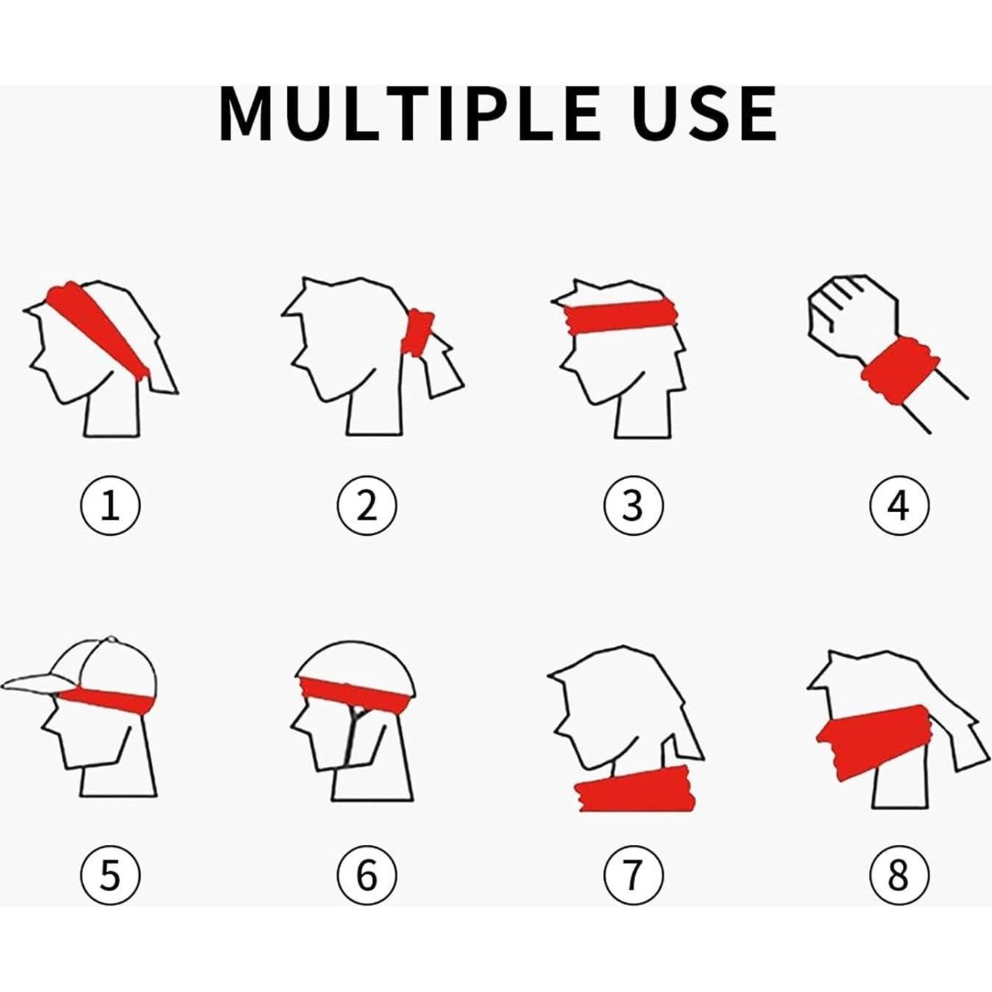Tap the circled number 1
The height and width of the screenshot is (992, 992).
[x=110, y=506]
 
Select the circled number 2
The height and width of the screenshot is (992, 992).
[x=366, y=506]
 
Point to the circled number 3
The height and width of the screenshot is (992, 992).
[x=633, y=506]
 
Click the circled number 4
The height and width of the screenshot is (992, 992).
[x=899, y=506]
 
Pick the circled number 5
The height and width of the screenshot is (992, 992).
[x=110, y=876]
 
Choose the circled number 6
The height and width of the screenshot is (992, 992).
[x=366, y=876]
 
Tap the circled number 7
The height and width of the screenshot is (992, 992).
[x=633, y=876]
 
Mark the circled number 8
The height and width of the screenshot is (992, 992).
[x=899, y=876]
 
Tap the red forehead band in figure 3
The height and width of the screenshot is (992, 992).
[x=623, y=316]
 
